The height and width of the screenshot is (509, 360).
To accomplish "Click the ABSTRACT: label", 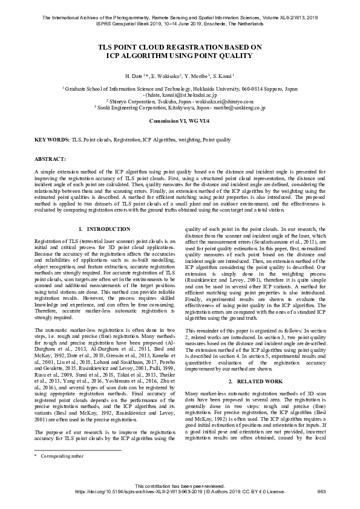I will (x=50, y=158).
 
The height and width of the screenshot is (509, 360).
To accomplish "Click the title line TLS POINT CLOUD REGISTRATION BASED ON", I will (x=180, y=47).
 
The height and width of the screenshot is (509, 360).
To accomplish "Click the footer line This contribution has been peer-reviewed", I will (x=179, y=485).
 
